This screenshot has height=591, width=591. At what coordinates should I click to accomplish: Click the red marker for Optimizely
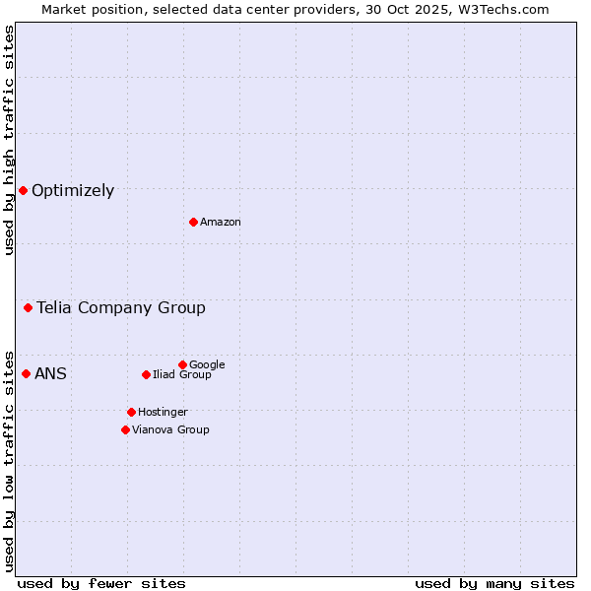click(x=23, y=190)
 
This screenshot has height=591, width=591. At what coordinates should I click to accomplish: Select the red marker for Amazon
click(x=193, y=222)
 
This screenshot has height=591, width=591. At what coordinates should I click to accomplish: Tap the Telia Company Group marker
click(x=28, y=308)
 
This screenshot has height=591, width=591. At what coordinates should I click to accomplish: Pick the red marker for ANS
click(x=26, y=373)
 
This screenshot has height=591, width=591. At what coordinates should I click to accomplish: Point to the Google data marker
click(x=182, y=364)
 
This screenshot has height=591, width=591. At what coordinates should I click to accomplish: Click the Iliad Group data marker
click(x=146, y=374)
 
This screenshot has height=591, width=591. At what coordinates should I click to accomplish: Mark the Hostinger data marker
click(x=131, y=412)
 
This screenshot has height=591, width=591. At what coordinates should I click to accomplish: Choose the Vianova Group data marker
click(x=125, y=429)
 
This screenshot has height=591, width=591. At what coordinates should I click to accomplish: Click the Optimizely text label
click(x=73, y=191)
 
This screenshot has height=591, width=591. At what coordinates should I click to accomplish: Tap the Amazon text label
click(x=221, y=223)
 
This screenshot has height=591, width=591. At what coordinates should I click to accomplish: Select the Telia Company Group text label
click(x=121, y=308)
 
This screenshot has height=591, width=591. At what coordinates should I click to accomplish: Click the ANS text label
click(x=50, y=373)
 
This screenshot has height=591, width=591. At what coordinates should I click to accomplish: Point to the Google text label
click(x=207, y=365)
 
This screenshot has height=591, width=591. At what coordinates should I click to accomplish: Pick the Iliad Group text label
click(x=182, y=375)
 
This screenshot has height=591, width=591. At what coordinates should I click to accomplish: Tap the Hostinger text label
click(x=163, y=413)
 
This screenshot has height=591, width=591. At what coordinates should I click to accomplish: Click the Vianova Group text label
click(x=170, y=430)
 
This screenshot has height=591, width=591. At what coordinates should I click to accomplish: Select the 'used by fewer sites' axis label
click(x=101, y=583)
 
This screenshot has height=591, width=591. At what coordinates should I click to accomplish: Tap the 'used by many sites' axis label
click(x=494, y=583)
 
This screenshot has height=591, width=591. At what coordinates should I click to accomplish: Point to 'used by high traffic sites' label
click(x=9, y=141)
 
